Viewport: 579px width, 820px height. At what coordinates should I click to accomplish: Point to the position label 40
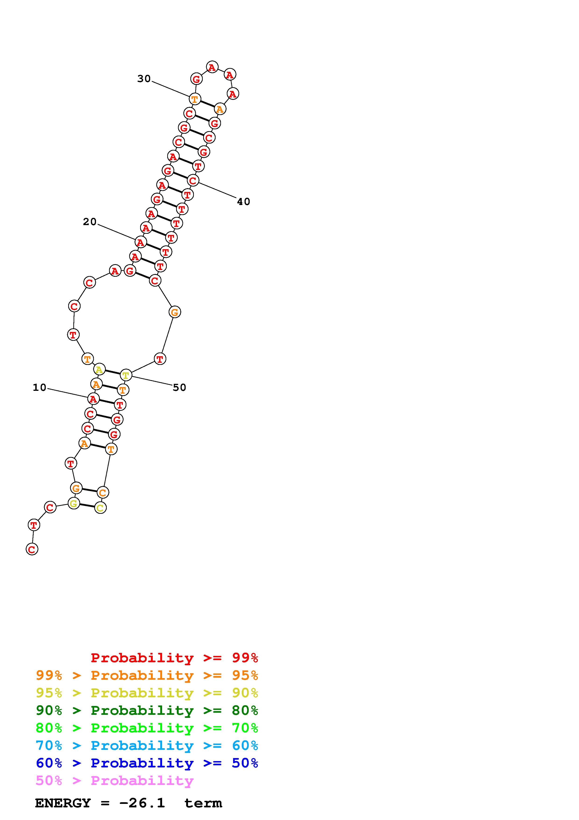[x=244, y=202]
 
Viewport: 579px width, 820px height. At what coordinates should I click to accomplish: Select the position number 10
[x=40, y=388]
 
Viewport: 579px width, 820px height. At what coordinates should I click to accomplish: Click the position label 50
[x=179, y=388]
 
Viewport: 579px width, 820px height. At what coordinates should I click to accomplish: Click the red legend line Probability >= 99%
[x=174, y=658]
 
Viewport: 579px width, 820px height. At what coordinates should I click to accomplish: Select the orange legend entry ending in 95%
[x=147, y=675]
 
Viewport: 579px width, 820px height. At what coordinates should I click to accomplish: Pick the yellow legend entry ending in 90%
[x=147, y=693]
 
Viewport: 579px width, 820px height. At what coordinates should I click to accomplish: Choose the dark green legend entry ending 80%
[x=147, y=710]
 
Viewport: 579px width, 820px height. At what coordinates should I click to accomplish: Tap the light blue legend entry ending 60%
[x=147, y=745]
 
